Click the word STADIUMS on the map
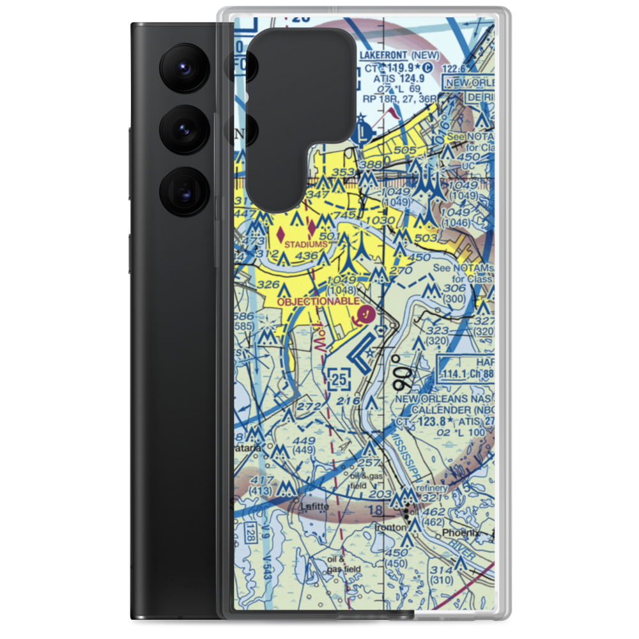(x=306, y=244)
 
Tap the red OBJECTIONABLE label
(x=318, y=300)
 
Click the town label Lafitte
(x=314, y=506)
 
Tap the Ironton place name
(x=391, y=528)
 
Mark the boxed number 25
(x=340, y=380)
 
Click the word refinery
(x=429, y=488)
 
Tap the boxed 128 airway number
(x=251, y=533)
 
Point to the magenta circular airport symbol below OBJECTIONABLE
(x=366, y=314)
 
